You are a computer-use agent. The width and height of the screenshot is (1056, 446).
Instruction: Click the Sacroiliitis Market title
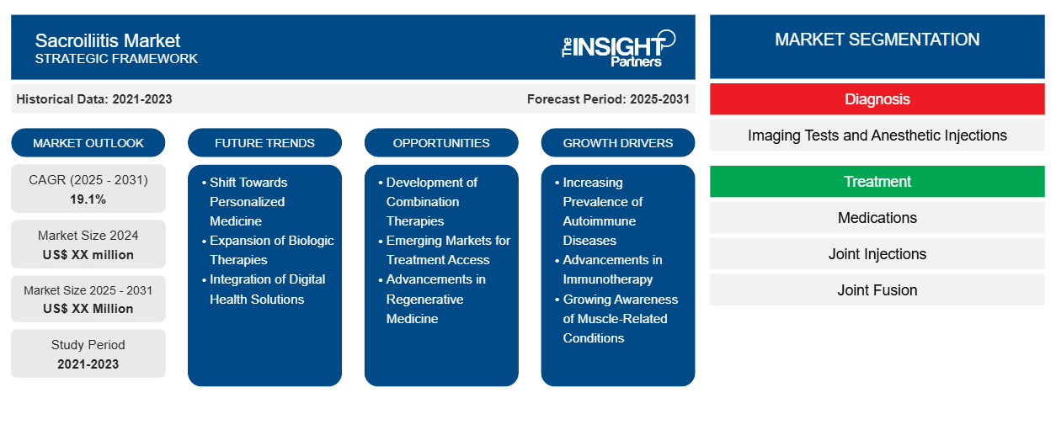click(x=108, y=40)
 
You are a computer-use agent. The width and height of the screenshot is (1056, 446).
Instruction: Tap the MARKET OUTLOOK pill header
click(x=88, y=143)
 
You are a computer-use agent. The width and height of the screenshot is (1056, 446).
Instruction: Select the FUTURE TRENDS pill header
click(x=264, y=143)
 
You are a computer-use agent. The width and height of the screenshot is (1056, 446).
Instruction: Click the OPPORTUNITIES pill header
click(x=441, y=143)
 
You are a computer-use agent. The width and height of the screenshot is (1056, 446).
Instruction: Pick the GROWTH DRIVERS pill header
click(x=618, y=143)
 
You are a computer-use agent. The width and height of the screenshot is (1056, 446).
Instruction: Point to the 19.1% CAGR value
click(x=88, y=199)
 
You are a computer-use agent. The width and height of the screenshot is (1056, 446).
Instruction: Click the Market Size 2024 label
click(x=88, y=236)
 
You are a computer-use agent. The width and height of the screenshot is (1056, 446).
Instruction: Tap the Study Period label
click(x=88, y=345)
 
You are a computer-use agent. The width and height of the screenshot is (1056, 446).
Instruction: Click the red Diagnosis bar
click(x=877, y=99)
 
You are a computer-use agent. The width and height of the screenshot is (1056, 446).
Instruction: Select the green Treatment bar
click(x=877, y=182)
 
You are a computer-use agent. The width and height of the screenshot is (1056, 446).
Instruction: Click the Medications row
click(x=877, y=218)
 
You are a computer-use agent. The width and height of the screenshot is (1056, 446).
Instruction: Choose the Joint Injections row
click(x=877, y=254)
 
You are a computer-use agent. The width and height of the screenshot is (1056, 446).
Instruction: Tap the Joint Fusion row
click(x=877, y=290)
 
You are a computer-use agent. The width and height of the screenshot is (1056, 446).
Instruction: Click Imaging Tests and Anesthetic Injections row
click(x=877, y=135)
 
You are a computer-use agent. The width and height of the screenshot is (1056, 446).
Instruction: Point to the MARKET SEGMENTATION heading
click(x=877, y=40)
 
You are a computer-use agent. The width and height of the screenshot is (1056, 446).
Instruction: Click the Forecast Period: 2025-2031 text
click(x=608, y=99)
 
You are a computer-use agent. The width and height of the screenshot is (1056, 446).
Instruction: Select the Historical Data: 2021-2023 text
click(x=94, y=99)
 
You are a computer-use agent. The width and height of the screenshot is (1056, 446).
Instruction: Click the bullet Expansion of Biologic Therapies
click(x=271, y=250)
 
